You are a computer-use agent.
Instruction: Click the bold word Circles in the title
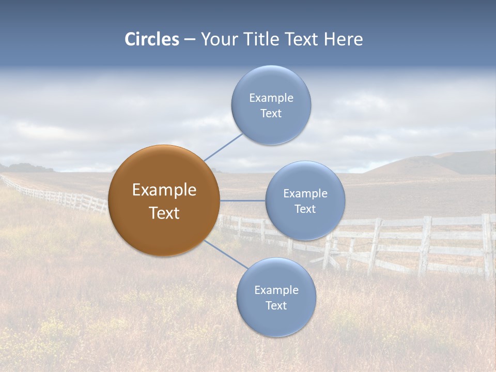click(152, 39)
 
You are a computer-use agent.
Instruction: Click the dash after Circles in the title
click(190, 40)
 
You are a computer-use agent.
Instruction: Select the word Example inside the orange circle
click(164, 190)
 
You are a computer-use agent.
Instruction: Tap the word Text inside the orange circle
click(164, 213)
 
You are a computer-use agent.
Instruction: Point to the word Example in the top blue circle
click(271, 98)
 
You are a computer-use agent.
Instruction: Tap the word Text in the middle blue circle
click(305, 209)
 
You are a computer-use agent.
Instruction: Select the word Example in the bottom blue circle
click(276, 290)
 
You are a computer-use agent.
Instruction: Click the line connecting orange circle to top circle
click(223, 147)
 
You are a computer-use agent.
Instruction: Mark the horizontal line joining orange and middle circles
click(242, 200)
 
